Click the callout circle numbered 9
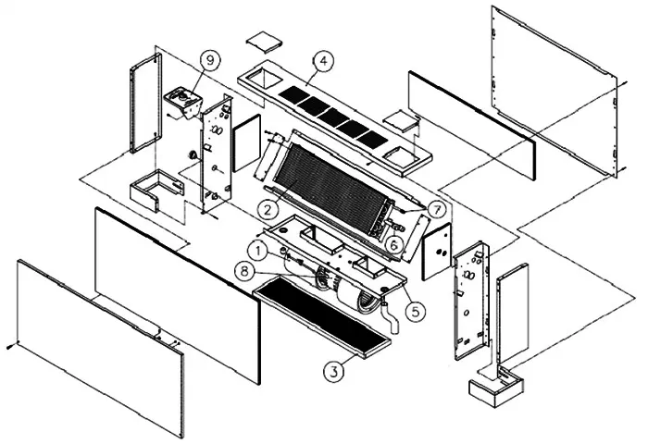click(210, 60)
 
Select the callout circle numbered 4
click(324, 61)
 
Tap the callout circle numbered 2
click(268, 209)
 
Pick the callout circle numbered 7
click(436, 209)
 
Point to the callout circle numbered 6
click(393, 244)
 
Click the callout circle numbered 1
click(258, 251)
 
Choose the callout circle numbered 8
click(244, 271)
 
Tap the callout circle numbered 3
click(333, 371)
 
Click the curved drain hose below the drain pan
click(390, 318)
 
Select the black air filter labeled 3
click(321, 316)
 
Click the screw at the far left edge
click(10, 347)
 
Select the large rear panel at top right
click(554, 91)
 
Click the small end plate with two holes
click(436, 252)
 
